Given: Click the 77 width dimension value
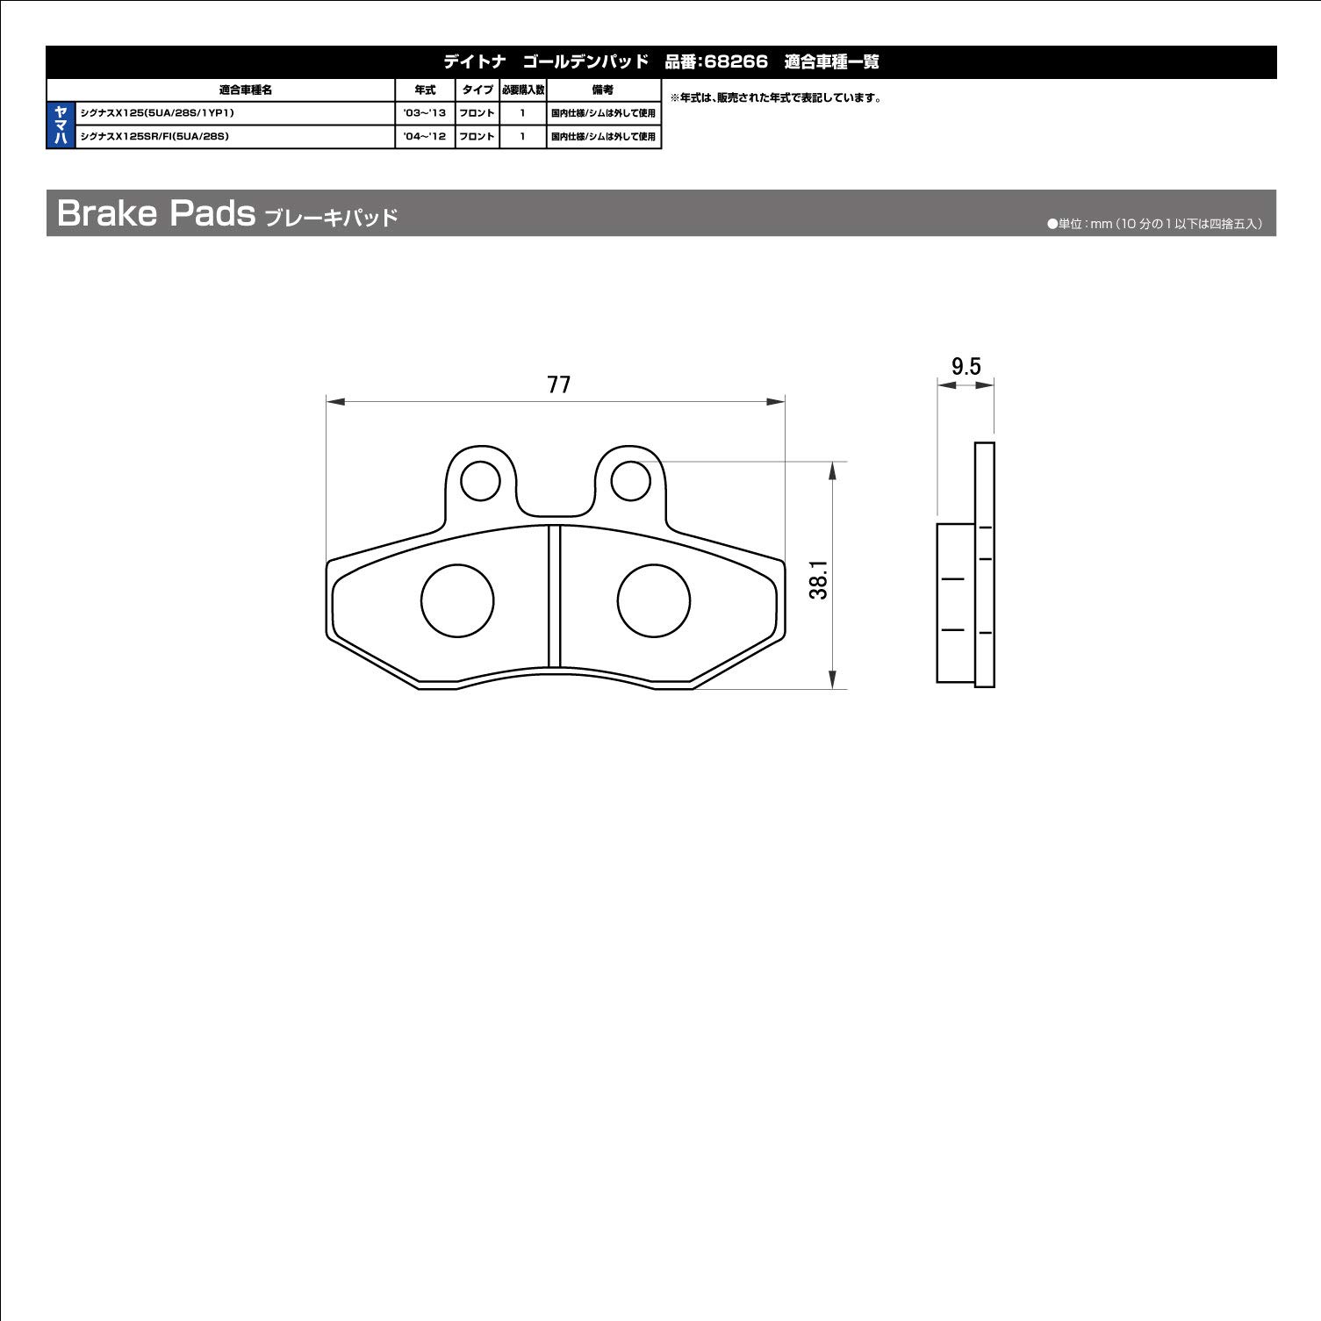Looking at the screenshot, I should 558,384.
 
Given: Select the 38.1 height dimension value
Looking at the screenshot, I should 818,580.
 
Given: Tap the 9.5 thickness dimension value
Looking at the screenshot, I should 966,366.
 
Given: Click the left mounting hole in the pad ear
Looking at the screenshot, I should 480,481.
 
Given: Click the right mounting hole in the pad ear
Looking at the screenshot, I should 629,481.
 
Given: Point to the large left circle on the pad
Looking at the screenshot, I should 457,600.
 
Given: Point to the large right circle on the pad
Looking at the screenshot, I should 653,600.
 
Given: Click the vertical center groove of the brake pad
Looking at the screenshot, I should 554,597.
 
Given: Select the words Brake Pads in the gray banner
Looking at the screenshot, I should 155,213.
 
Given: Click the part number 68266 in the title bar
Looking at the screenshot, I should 736,62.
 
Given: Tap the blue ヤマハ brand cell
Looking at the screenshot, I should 61,126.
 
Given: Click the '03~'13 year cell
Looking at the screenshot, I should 425,113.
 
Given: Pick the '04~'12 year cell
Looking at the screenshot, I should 425,137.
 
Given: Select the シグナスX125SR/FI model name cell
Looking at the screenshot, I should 154,137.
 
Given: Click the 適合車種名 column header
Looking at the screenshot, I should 245,90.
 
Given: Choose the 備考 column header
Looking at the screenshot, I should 603,90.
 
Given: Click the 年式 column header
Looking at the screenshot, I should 425,90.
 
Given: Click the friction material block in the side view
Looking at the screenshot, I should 955,603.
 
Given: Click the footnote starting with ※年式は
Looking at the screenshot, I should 776,98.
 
